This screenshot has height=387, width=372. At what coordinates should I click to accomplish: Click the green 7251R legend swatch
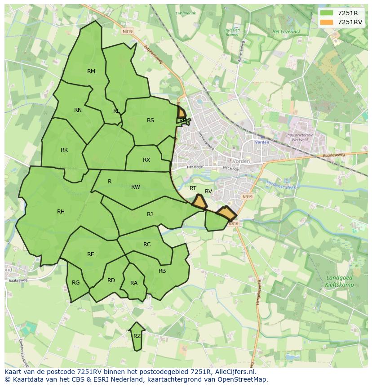click(x=327, y=13)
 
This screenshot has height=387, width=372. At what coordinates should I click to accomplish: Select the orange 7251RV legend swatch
click(x=327, y=22)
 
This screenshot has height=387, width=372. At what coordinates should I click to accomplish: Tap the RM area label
click(x=91, y=71)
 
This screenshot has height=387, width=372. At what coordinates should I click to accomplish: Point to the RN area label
click(x=78, y=110)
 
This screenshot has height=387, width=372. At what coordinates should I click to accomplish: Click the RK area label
click(x=64, y=150)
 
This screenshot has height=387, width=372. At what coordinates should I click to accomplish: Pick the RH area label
click(x=61, y=212)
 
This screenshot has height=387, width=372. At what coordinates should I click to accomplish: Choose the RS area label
click(x=151, y=120)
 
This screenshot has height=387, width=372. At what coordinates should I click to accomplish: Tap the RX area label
click(x=146, y=160)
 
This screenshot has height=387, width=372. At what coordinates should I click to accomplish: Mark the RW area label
click(x=136, y=187)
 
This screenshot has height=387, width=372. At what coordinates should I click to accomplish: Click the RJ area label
click(x=150, y=214)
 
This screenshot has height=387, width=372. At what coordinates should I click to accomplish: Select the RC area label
click(x=147, y=245)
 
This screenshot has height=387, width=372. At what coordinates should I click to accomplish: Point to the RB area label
click(x=162, y=271)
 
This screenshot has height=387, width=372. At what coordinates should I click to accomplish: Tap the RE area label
click(x=91, y=254)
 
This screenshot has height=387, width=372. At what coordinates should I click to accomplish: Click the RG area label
click(x=75, y=283)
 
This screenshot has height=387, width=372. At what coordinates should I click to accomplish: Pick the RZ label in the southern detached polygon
click(x=137, y=336)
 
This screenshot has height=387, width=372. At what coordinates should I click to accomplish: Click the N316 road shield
click(x=233, y=223)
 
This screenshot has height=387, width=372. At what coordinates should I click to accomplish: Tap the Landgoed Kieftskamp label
click(x=339, y=281)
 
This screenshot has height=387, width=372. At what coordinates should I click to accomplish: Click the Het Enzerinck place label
click(x=286, y=31)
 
